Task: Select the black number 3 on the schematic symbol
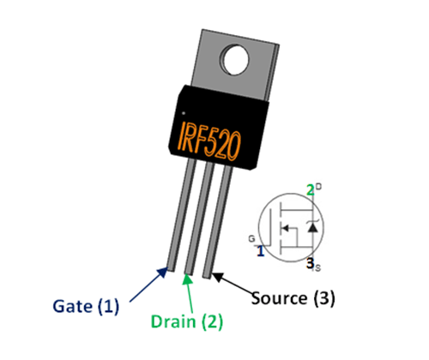311,266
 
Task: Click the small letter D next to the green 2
318,186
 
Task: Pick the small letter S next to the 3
319,269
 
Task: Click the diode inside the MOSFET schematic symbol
311,227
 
